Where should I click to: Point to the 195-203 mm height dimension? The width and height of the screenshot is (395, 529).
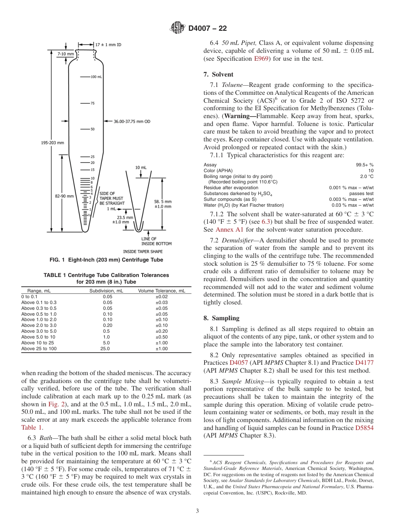52,143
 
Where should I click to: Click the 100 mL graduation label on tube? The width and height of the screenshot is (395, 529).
96,77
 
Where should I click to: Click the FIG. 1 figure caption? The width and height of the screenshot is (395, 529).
106,260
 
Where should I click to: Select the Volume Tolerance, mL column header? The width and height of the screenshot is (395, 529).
161,291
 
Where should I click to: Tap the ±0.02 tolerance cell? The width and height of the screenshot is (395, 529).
161,297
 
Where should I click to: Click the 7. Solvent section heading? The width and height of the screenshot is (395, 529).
218,74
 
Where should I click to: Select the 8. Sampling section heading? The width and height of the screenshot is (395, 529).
221,318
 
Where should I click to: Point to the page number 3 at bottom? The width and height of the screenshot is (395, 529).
197,510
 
